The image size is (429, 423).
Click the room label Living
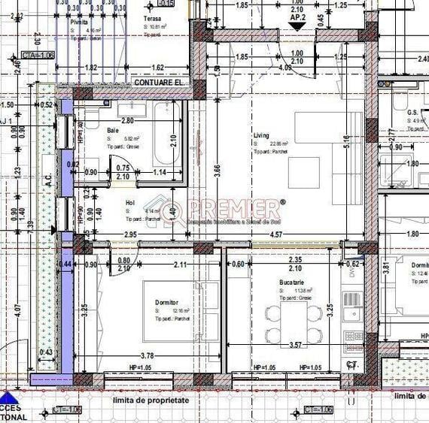click(x=261, y=136)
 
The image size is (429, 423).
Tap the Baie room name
click(x=112, y=130)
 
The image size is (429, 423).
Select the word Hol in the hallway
click(x=129, y=203)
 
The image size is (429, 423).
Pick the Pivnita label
click(x=79, y=23)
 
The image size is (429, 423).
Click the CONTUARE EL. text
click(x=159, y=82)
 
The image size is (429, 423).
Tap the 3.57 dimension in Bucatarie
click(x=295, y=346)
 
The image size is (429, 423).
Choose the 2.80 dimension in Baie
click(x=126, y=120)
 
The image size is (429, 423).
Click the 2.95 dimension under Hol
click(x=129, y=236)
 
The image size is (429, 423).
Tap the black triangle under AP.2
click(x=297, y=25)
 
